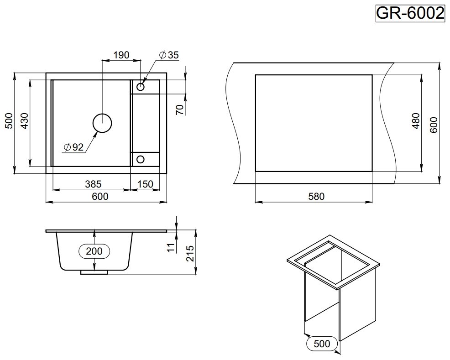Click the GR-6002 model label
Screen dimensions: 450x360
(x=410, y=13)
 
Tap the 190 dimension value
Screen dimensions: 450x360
(x=121, y=55)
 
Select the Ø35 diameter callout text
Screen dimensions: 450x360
(x=169, y=55)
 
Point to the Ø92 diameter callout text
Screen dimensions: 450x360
(x=74, y=147)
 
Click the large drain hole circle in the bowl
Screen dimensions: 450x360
(x=102, y=123)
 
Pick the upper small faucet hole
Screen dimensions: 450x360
(x=140, y=86)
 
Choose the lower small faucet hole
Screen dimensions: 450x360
(x=140, y=159)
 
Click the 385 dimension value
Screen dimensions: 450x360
(x=93, y=184)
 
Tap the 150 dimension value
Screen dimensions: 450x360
(x=145, y=184)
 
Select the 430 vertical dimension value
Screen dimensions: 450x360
(x=25, y=121)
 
